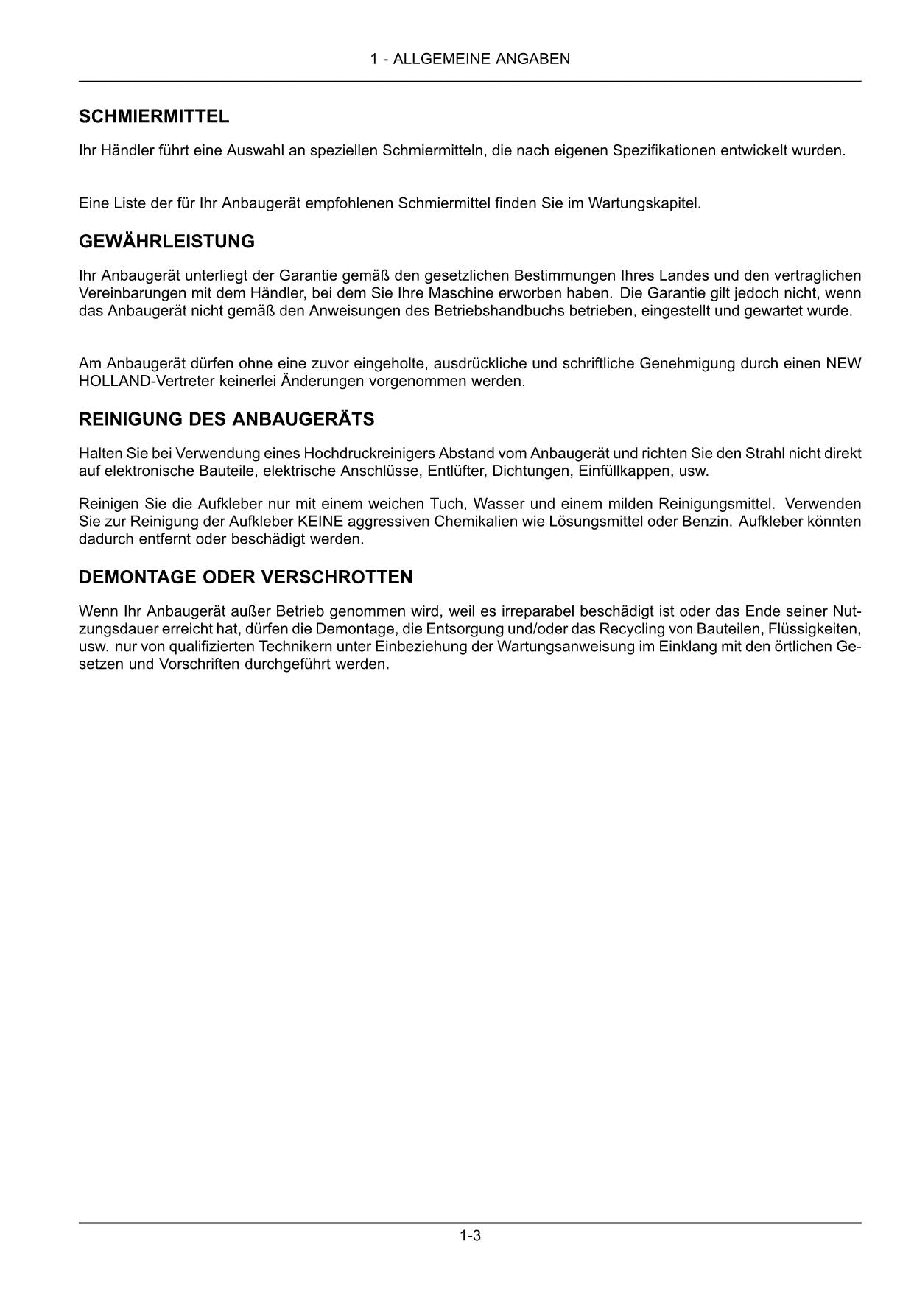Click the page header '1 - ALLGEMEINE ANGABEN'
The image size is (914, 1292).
point(470,59)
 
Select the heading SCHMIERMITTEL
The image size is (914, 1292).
point(154,116)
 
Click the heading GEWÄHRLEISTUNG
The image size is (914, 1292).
point(166,242)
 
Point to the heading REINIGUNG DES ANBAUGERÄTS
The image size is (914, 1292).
point(226,420)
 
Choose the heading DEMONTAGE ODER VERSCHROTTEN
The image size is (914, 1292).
point(245,577)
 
